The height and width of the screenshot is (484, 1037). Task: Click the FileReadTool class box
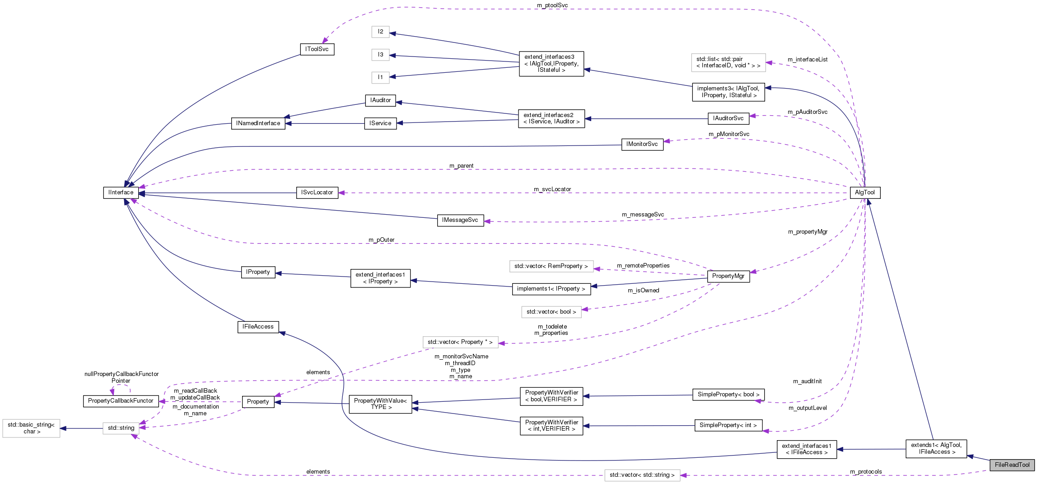(1012, 465)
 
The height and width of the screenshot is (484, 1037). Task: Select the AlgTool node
(864, 193)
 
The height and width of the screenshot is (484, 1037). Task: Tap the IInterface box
(121, 193)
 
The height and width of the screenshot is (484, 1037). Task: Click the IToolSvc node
(317, 49)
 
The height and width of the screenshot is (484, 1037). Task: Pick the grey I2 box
(380, 32)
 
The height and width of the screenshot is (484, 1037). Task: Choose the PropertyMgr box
(728, 276)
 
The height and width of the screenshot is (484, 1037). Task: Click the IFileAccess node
(258, 327)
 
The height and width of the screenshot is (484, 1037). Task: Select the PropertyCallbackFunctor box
(121, 401)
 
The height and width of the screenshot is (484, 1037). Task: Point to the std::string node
(121, 428)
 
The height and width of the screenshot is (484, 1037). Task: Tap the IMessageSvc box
(460, 220)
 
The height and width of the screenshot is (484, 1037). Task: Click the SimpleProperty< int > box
(728, 425)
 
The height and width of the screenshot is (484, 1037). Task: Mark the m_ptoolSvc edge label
(552, 5)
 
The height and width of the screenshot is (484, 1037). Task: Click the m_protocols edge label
(866, 472)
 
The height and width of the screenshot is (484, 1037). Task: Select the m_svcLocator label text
(552, 189)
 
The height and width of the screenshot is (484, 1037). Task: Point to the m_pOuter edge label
(381, 240)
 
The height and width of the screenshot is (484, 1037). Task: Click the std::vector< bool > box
(551, 312)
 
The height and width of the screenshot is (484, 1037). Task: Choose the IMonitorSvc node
(642, 144)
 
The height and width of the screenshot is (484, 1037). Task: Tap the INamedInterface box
(258, 123)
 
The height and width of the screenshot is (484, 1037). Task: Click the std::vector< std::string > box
(642, 475)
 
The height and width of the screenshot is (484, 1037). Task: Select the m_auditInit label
(807, 381)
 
